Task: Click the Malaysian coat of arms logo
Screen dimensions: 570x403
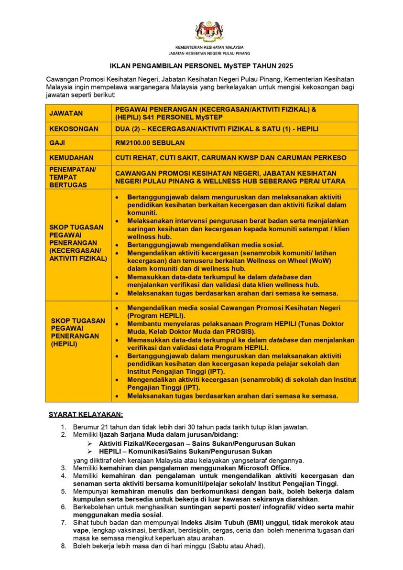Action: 209,31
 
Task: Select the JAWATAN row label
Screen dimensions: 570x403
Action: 66,113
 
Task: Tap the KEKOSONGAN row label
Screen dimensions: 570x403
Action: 74,129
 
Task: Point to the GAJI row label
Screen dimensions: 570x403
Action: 57,143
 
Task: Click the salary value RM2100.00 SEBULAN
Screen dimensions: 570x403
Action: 150,143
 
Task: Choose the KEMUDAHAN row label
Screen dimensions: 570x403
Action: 71,157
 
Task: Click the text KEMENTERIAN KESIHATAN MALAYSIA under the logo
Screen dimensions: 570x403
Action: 209,48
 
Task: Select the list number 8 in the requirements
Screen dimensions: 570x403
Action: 63,546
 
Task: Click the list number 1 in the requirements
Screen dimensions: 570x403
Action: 63,427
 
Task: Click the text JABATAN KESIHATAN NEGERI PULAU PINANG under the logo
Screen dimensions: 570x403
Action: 209,54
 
